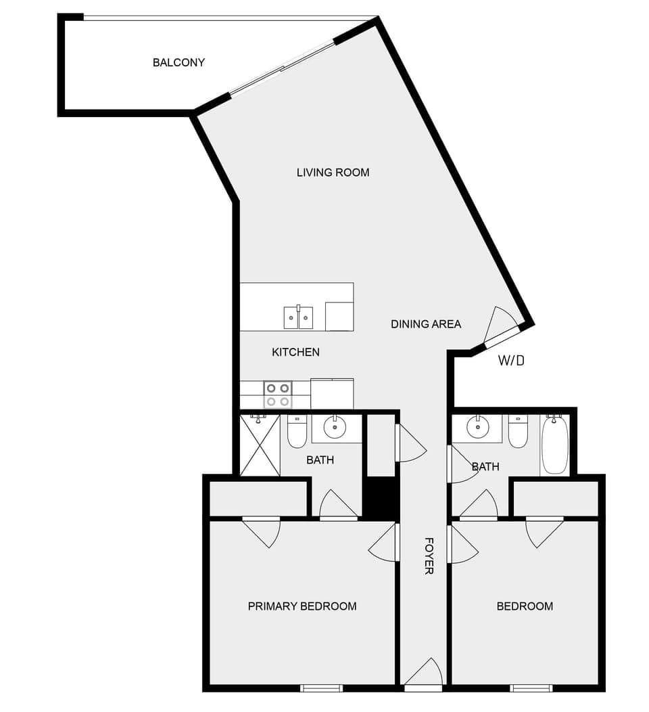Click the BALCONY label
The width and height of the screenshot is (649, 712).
(x=178, y=63)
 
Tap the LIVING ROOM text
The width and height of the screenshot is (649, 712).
(x=333, y=173)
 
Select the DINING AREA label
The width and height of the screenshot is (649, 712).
(x=426, y=324)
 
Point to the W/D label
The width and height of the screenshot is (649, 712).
(x=511, y=361)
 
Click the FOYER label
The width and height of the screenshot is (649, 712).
(x=429, y=556)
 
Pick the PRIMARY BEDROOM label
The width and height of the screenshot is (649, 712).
(x=302, y=606)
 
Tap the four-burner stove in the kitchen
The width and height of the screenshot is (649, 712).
(x=277, y=395)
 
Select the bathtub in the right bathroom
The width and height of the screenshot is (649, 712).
(x=554, y=445)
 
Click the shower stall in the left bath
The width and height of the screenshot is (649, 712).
(x=260, y=445)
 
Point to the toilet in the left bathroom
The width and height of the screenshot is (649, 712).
(x=297, y=432)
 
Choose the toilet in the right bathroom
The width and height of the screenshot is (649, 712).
(x=518, y=432)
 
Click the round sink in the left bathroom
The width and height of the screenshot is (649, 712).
(x=334, y=427)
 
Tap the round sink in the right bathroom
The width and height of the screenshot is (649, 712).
(x=478, y=426)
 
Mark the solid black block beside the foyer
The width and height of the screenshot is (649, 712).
(x=380, y=498)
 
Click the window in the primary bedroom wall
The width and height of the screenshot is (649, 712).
(x=321, y=688)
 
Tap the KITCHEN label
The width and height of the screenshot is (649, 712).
(x=295, y=352)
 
